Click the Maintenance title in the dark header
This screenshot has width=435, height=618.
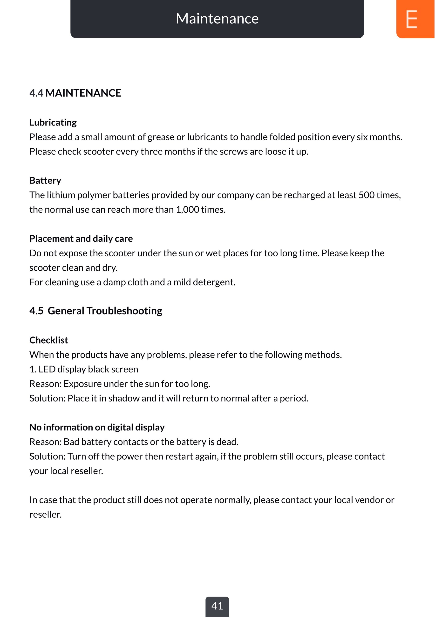pos(217,19)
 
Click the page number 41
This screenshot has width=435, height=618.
pos(217,606)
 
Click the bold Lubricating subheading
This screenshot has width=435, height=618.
pos(53,122)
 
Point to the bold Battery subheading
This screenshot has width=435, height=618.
pos(45,181)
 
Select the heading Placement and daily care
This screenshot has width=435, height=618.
pos(81,239)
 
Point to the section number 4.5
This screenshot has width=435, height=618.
pos(36,311)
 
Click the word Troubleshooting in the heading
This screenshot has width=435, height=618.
pos(124,311)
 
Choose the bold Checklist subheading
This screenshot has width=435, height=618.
pos(49,340)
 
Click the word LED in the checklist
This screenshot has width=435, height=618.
pos(47,369)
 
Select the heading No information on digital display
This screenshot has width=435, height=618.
pos(97,428)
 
